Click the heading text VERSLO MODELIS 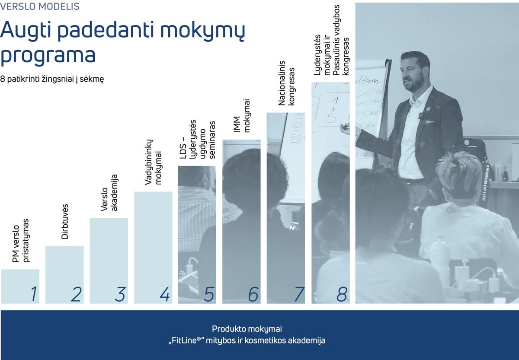[40, 7]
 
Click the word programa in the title [48, 56]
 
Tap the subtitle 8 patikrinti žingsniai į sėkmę [52, 80]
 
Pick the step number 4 [164, 294]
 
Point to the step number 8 [342, 294]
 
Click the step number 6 [253, 294]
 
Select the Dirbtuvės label [65, 226]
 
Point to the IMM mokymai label [242, 116]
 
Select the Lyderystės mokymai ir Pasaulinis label [331, 41]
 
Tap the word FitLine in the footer [185, 340]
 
